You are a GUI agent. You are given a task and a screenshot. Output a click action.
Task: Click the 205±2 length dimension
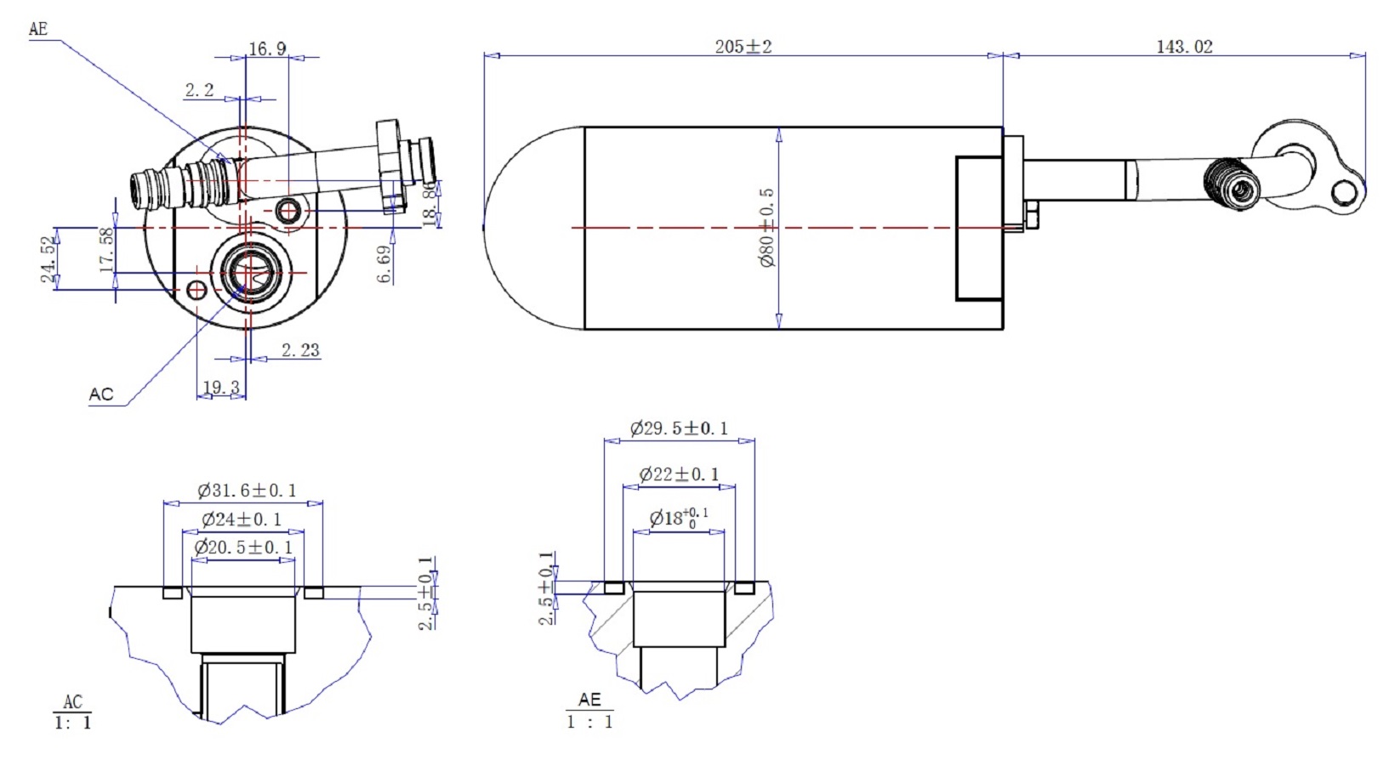coord(743,47)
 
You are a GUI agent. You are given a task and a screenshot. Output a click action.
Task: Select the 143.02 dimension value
coord(1183,47)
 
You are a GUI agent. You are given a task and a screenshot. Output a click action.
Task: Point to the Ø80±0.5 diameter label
coord(766,228)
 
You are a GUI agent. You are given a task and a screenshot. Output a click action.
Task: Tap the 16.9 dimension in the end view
coord(267,49)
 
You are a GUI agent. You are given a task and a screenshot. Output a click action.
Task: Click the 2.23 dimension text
coord(300,350)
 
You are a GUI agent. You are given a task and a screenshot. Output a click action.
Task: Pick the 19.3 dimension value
coord(221,388)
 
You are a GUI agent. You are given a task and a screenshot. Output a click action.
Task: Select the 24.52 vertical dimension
coord(49,259)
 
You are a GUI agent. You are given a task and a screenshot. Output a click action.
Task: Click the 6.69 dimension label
coord(385,264)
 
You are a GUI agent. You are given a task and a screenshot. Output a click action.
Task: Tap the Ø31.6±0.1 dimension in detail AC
coord(247,491)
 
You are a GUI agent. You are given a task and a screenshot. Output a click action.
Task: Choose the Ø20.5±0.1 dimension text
coord(243,548)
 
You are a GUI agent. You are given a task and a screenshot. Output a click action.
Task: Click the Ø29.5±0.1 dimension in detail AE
coord(679,428)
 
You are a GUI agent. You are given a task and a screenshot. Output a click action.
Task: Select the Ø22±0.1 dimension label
coord(679,474)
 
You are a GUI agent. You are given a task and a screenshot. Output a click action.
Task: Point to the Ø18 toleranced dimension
coord(678,517)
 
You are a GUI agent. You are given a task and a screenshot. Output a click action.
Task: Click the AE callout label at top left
coord(38,30)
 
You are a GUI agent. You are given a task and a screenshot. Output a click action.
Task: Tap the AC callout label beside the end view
coord(100,394)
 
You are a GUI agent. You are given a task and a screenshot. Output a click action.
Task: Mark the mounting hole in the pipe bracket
coord(1344,193)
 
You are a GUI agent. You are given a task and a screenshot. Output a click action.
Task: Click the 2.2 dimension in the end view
coord(199,90)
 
